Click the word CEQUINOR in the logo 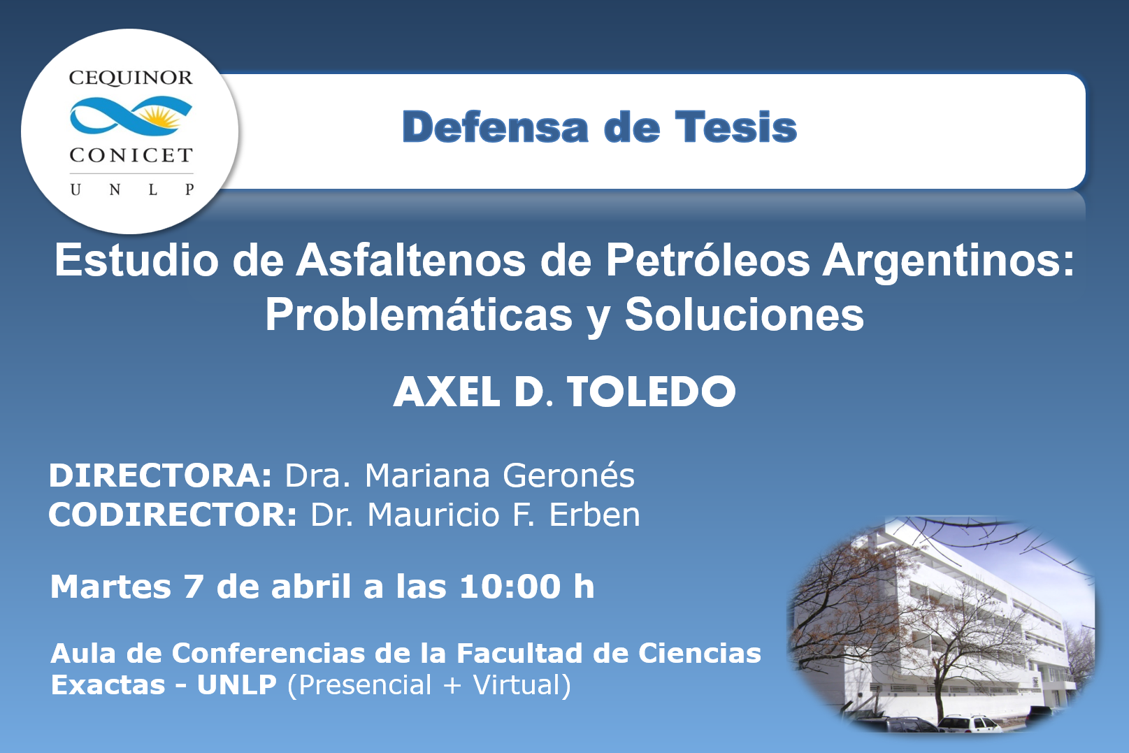[x=131, y=78]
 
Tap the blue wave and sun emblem [x=131, y=116]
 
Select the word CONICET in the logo [x=131, y=155]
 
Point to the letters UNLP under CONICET [x=132, y=189]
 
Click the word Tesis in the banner [x=736, y=127]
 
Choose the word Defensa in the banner [x=495, y=127]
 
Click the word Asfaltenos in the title [x=411, y=260]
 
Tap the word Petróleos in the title [x=707, y=260]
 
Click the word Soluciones [x=745, y=315]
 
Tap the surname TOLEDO [x=652, y=392]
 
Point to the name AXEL [x=446, y=392]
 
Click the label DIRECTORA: [x=160, y=475]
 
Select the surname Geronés [x=568, y=475]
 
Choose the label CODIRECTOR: [x=173, y=515]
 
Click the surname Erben [x=595, y=515]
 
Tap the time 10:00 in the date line [x=510, y=587]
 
